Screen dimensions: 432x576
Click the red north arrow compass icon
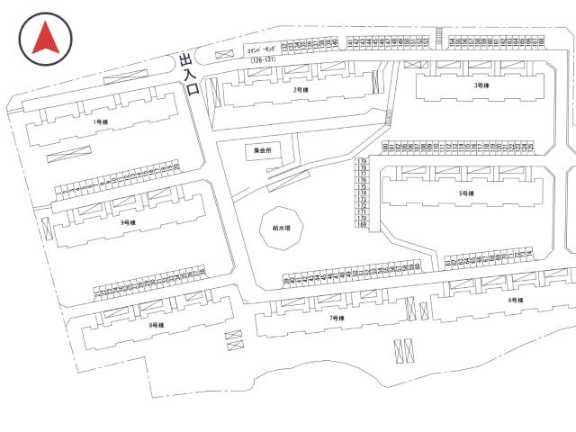pyautogui.click(x=45, y=40)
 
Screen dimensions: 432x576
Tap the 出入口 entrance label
pyautogui.click(x=187, y=72)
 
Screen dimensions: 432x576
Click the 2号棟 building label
pyautogui.click(x=301, y=91)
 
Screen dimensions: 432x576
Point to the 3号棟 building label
pyautogui.click(x=481, y=85)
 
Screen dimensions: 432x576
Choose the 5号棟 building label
pyautogui.click(x=465, y=193)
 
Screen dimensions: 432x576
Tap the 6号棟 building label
pyautogui.click(x=516, y=300)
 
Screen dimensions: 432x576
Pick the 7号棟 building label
pyautogui.click(x=337, y=319)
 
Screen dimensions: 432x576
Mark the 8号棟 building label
pyautogui.click(x=156, y=326)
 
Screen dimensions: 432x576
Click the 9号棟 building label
pyautogui.click(x=128, y=222)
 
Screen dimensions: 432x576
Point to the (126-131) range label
pyautogui.click(x=259, y=62)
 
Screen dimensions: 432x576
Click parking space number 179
pyautogui.click(x=363, y=160)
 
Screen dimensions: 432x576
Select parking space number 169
pyautogui.click(x=363, y=225)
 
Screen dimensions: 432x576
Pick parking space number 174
pyautogui.click(x=363, y=193)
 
